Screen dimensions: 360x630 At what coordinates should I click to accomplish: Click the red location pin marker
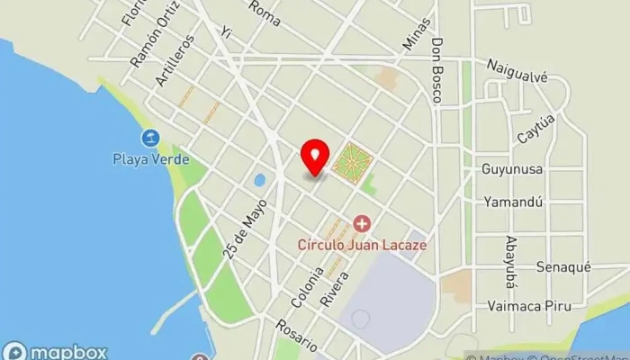tap(314, 157)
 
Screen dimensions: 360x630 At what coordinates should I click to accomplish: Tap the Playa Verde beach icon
tap(149, 138)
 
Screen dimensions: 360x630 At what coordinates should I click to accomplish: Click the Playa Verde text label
tap(151, 159)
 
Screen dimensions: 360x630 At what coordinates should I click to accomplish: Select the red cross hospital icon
tap(362, 222)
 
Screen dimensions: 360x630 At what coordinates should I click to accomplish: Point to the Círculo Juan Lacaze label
tap(362, 244)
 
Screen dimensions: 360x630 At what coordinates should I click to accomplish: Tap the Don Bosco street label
tap(438, 68)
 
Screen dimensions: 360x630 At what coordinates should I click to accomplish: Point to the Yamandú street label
tap(513, 202)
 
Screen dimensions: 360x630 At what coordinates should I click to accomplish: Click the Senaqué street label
tap(563, 267)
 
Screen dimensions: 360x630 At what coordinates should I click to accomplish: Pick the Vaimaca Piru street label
tap(528, 305)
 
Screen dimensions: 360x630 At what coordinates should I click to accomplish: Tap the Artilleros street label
tap(174, 60)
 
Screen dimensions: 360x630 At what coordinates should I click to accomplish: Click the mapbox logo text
tap(67, 352)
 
